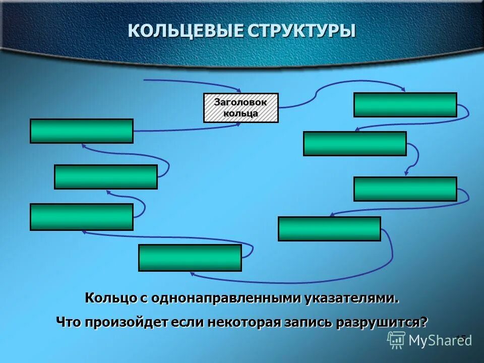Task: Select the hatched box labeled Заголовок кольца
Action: [241, 108]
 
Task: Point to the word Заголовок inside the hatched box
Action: [240, 102]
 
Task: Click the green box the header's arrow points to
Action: [405, 105]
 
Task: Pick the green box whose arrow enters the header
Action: [82, 131]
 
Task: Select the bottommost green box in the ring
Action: [190, 258]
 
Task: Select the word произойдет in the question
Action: [127, 322]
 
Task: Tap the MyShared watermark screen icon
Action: [396, 340]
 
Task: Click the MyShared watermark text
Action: [440, 340]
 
